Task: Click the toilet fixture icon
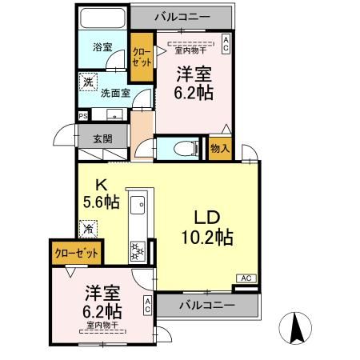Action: (185, 149)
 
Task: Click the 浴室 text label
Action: (102, 47)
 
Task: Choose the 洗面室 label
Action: (114, 91)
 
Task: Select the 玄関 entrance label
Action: (102, 138)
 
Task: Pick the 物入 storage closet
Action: (220, 149)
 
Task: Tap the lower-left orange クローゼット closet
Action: (76, 252)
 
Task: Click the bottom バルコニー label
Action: (206, 306)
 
